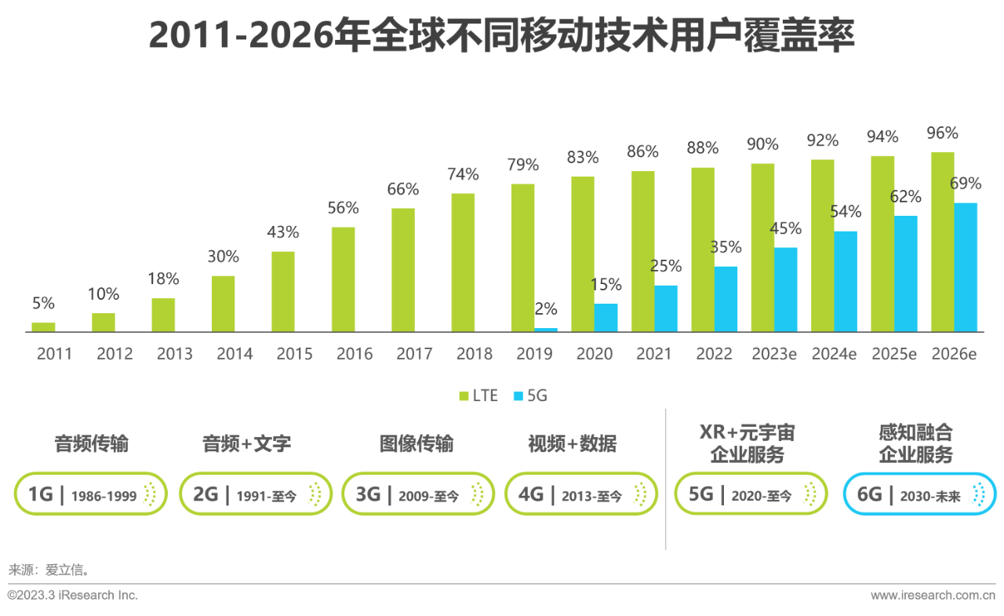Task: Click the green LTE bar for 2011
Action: pos(43,327)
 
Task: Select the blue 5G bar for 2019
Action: pos(546,330)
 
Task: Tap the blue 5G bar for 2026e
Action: pos(966,267)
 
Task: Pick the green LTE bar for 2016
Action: pos(343,279)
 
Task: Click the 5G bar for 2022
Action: pos(726,299)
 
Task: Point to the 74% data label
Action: pos(463,174)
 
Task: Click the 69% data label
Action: pos(966,184)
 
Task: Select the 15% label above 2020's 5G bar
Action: pos(606,284)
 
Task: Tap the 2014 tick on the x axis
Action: pos(235,354)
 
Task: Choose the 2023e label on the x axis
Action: pos(774,354)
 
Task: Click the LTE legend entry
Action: pos(478,395)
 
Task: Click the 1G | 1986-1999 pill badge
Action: pos(91,494)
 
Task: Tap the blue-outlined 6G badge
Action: pos(919,494)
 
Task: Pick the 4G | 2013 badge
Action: pos(580,494)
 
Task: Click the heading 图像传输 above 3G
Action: pos(417,443)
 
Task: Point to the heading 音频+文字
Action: pos(246,443)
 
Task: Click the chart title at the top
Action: pos(502,37)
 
